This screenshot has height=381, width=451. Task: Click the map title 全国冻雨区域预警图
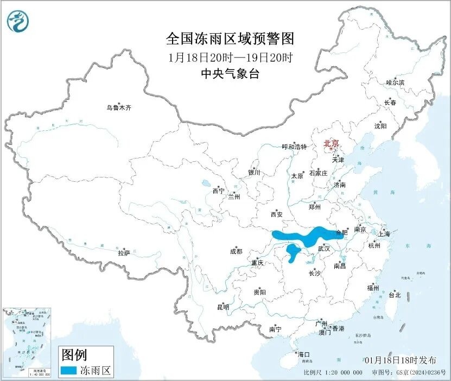[x=230, y=39]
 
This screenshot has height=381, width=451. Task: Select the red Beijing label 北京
[x=331, y=143]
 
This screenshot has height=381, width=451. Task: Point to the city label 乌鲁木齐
[x=119, y=107]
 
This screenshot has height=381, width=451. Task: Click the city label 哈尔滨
[x=395, y=82]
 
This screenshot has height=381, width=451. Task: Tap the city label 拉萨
[x=124, y=252]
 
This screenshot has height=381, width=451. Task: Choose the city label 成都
[x=236, y=251]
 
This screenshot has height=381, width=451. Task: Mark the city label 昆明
[x=223, y=307]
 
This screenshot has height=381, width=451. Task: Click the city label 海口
[x=303, y=354]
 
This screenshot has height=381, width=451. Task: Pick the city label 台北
[x=395, y=295]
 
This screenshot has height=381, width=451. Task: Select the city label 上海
[x=384, y=234]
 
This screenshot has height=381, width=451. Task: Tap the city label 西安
[x=276, y=214]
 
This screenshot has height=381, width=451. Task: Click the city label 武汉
[x=323, y=248]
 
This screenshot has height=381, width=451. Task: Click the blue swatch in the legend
[x=68, y=371]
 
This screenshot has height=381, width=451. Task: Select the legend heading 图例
[x=74, y=355]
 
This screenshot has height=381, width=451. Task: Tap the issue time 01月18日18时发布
[x=400, y=360]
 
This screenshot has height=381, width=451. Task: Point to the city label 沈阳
[x=380, y=126]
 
